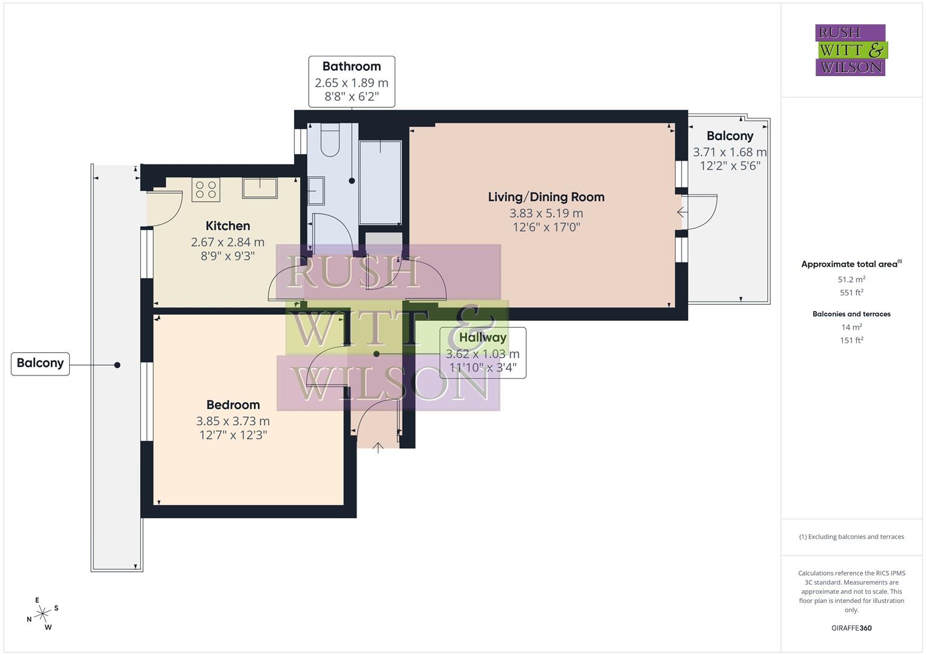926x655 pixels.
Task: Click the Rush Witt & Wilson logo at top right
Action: pyautogui.click(x=850, y=50)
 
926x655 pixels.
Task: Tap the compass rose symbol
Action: pyautogui.click(x=42, y=614)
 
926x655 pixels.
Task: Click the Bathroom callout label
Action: pyautogui.click(x=352, y=81)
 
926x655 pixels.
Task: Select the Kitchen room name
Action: pyautogui.click(x=228, y=226)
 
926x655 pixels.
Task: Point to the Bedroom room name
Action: pyautogui.click(x=233, y=405)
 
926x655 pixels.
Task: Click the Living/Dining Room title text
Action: pyautogui.click(x=546, y=196)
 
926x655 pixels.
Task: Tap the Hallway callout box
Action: pyautogui.click(x=482, y=352)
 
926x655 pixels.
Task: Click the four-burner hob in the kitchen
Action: pyautogui.click(x=206, y=189)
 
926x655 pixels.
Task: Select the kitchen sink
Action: pyautogui.click(x=260, y=188)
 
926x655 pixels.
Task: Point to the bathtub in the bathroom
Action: pyautogui.click(x=380, y=182)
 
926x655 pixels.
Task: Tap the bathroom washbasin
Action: pyautogui.click(x=316, y=190)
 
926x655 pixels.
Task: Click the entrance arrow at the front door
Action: pyautogui.click(x=378, y=448)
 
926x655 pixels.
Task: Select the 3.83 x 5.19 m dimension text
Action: pyautogui.click(x=546, y=213)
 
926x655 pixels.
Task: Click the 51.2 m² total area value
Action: pyautogui.click(x=851, y=280)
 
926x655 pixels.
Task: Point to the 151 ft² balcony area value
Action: pyautogui.click(x=851, y=340)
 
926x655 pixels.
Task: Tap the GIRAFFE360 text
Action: pyautogui.click(x=851, y=628)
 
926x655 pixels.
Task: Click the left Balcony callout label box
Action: pyautogui.click(x=40, y=363)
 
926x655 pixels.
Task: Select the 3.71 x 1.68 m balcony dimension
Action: pyautogui.click(x=730, y=152)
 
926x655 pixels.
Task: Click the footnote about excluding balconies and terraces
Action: pyautogui.click(x=851, y=537)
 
